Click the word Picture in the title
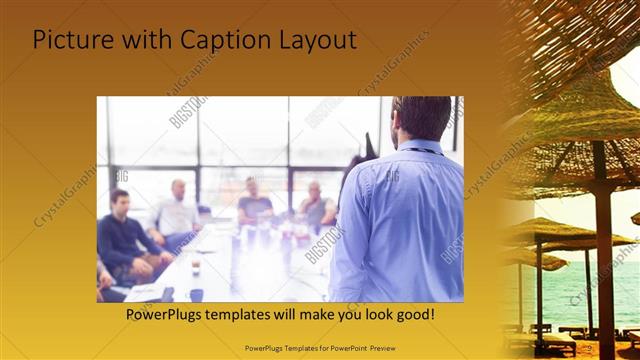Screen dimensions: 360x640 tap(70, 40)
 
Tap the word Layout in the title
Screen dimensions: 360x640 tap(314, 40)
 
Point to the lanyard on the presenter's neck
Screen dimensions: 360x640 tap(418, 150)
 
